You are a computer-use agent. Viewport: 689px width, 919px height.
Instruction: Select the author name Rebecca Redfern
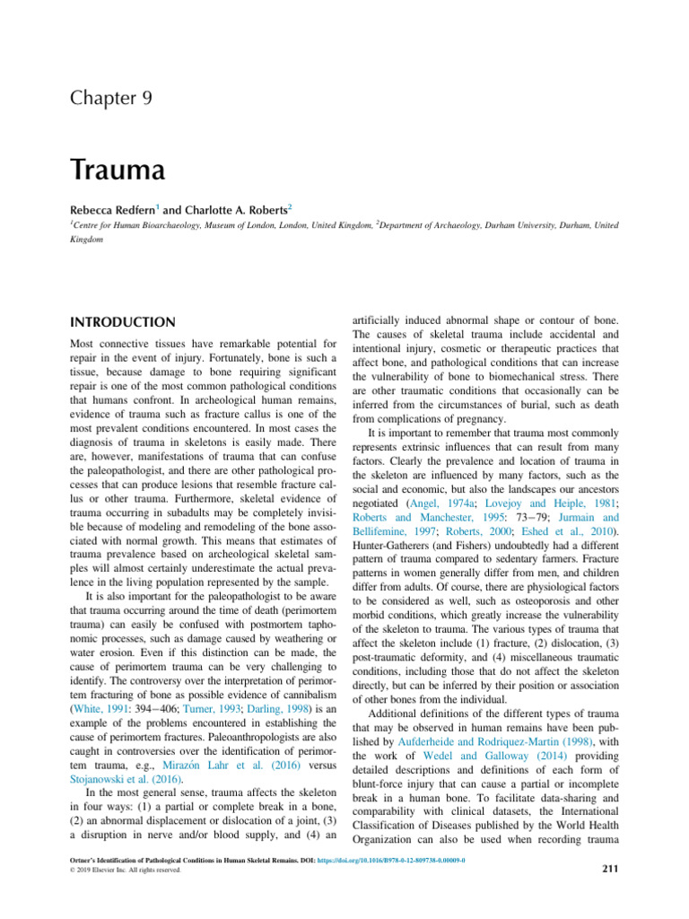tap(120, 209)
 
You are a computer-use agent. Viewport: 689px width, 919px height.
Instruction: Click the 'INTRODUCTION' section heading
tap(124, 321)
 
